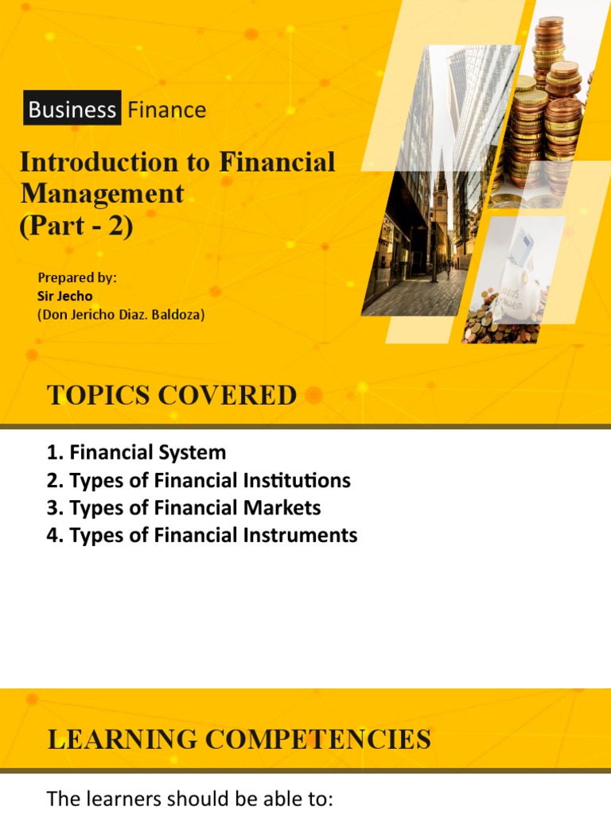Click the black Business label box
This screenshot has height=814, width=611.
(x=72, y=109)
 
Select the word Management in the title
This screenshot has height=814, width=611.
(x=101, y=193)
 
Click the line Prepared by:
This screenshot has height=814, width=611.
(x=77, y=277)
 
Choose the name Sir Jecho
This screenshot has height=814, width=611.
(x=65, y=296)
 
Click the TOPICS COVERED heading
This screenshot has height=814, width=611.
(x=172, y=395)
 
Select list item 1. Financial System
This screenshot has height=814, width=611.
(x=136, y=452)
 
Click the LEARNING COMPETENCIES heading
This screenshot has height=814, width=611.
(x=239, y=740)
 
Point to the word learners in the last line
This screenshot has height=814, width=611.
(x=113, y=798)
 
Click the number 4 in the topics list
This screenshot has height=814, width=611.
(x=52, y=535)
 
